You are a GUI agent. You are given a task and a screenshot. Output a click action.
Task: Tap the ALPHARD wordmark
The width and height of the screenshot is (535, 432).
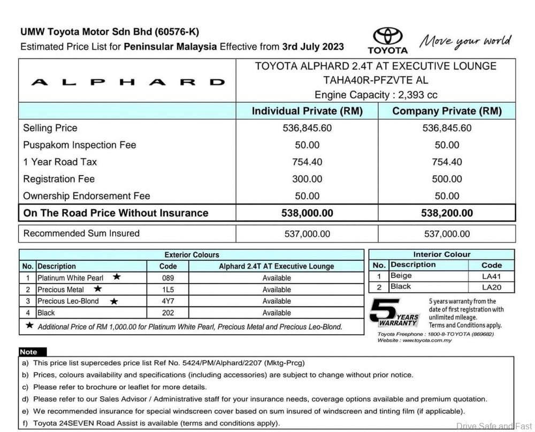(127, 82)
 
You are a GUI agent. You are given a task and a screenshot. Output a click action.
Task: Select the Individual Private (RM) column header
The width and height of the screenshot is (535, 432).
(307, 111)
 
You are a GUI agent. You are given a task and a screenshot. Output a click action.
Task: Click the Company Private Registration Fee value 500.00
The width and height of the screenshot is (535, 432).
(447, 179)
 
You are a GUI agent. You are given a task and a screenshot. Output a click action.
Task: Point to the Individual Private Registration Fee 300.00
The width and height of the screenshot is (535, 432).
(307, 179)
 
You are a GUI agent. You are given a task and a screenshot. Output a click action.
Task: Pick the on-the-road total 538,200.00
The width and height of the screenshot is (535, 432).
(447, 213)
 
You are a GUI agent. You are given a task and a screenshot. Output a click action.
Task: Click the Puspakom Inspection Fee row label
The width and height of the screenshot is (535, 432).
(80, 145)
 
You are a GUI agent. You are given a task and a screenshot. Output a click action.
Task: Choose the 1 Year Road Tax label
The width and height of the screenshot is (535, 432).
(60, 162)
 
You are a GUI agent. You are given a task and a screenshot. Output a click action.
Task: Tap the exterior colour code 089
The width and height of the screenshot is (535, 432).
(168, 278)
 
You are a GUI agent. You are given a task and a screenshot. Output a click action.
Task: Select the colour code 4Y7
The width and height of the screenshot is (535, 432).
(168, 301)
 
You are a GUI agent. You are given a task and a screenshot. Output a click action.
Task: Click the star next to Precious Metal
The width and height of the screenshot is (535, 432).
(98, 289)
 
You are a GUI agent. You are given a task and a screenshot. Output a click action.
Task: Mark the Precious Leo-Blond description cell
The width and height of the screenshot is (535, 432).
(68, 301)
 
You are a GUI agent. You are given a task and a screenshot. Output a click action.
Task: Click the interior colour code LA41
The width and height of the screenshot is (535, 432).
(491, 276)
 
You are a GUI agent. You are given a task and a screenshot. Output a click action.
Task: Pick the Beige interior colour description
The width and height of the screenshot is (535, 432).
(401, 276)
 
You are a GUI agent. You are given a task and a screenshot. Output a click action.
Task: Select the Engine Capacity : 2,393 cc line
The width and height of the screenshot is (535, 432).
(376, 95)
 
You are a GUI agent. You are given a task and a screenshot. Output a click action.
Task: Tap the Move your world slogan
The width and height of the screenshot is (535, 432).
(465, 42)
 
